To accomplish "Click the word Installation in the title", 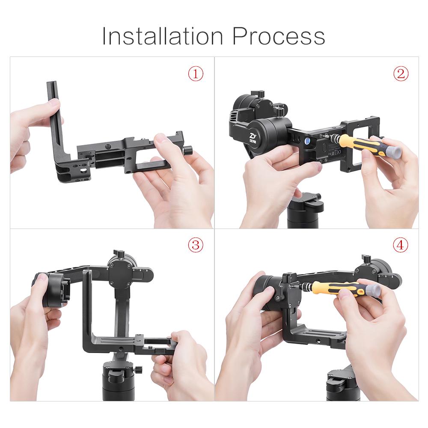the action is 163,36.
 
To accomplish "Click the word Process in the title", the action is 279,36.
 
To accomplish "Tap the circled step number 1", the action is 196,74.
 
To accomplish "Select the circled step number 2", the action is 401,74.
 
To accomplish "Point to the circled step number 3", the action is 196,245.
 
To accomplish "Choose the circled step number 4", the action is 401,245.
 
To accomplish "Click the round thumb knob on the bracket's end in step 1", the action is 188,150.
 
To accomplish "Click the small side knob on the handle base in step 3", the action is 138,370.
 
